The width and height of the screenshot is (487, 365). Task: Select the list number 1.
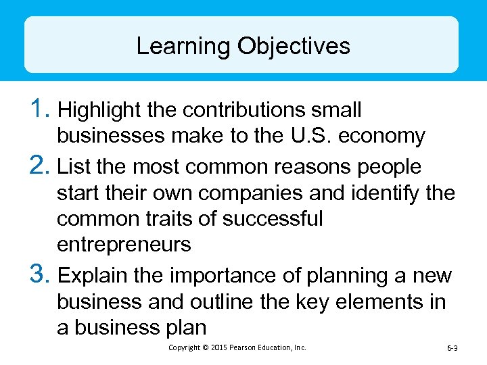[x=40, y=108]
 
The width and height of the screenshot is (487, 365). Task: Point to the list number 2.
[x=40, y=165]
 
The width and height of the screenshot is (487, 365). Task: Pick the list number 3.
[x=40, y=274]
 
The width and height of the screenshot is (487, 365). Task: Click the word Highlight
[x=101, y=109]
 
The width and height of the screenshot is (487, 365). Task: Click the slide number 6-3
[x=453, y=347]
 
